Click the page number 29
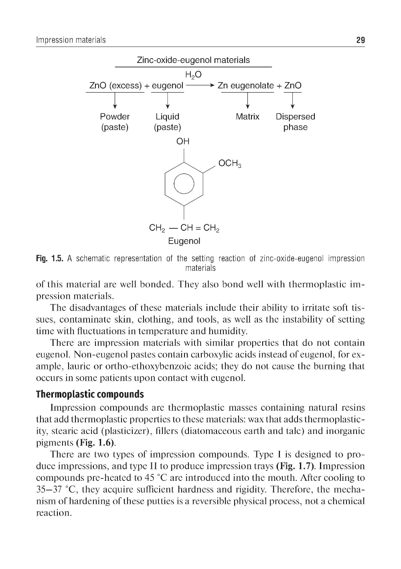coord(360,40)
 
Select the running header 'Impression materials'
coord(71,40)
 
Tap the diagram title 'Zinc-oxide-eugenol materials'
coord(193,60)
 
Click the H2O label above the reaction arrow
coord(193,75)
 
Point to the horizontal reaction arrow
coord(200,86)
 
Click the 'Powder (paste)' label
coord(115,122)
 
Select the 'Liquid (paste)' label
coord(167,122)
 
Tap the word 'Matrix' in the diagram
coord(247,117)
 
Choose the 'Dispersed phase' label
coord(296,122)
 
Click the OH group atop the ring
coord(183,141)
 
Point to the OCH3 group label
coord(229,163)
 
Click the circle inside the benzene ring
coord(184,184)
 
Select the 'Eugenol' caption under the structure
coord(184,241)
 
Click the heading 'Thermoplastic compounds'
coord(90,394)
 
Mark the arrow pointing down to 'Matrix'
coord(248,100)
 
